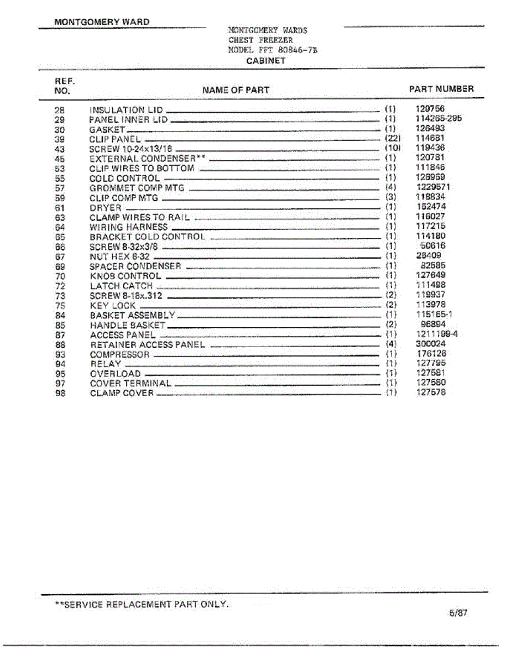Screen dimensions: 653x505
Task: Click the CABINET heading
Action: [265, 60]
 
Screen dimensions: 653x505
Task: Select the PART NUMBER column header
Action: [441, 89]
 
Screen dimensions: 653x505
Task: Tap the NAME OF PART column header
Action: [235, 90]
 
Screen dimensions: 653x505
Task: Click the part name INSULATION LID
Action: [126, 110]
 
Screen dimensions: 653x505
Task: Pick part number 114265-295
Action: [439, 119]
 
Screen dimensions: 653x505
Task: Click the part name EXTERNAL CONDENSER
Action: [147, 158]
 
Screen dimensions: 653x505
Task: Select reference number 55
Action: [60, 178]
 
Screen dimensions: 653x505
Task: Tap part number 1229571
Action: [433, 187]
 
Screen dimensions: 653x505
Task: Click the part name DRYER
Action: [105, 207]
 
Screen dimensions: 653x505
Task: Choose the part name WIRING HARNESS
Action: [129, 227]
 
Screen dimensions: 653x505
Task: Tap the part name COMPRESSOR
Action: [119, 354]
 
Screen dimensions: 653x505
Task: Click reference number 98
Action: [60, 393]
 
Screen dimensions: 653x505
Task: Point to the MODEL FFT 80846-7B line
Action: [272, 50]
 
